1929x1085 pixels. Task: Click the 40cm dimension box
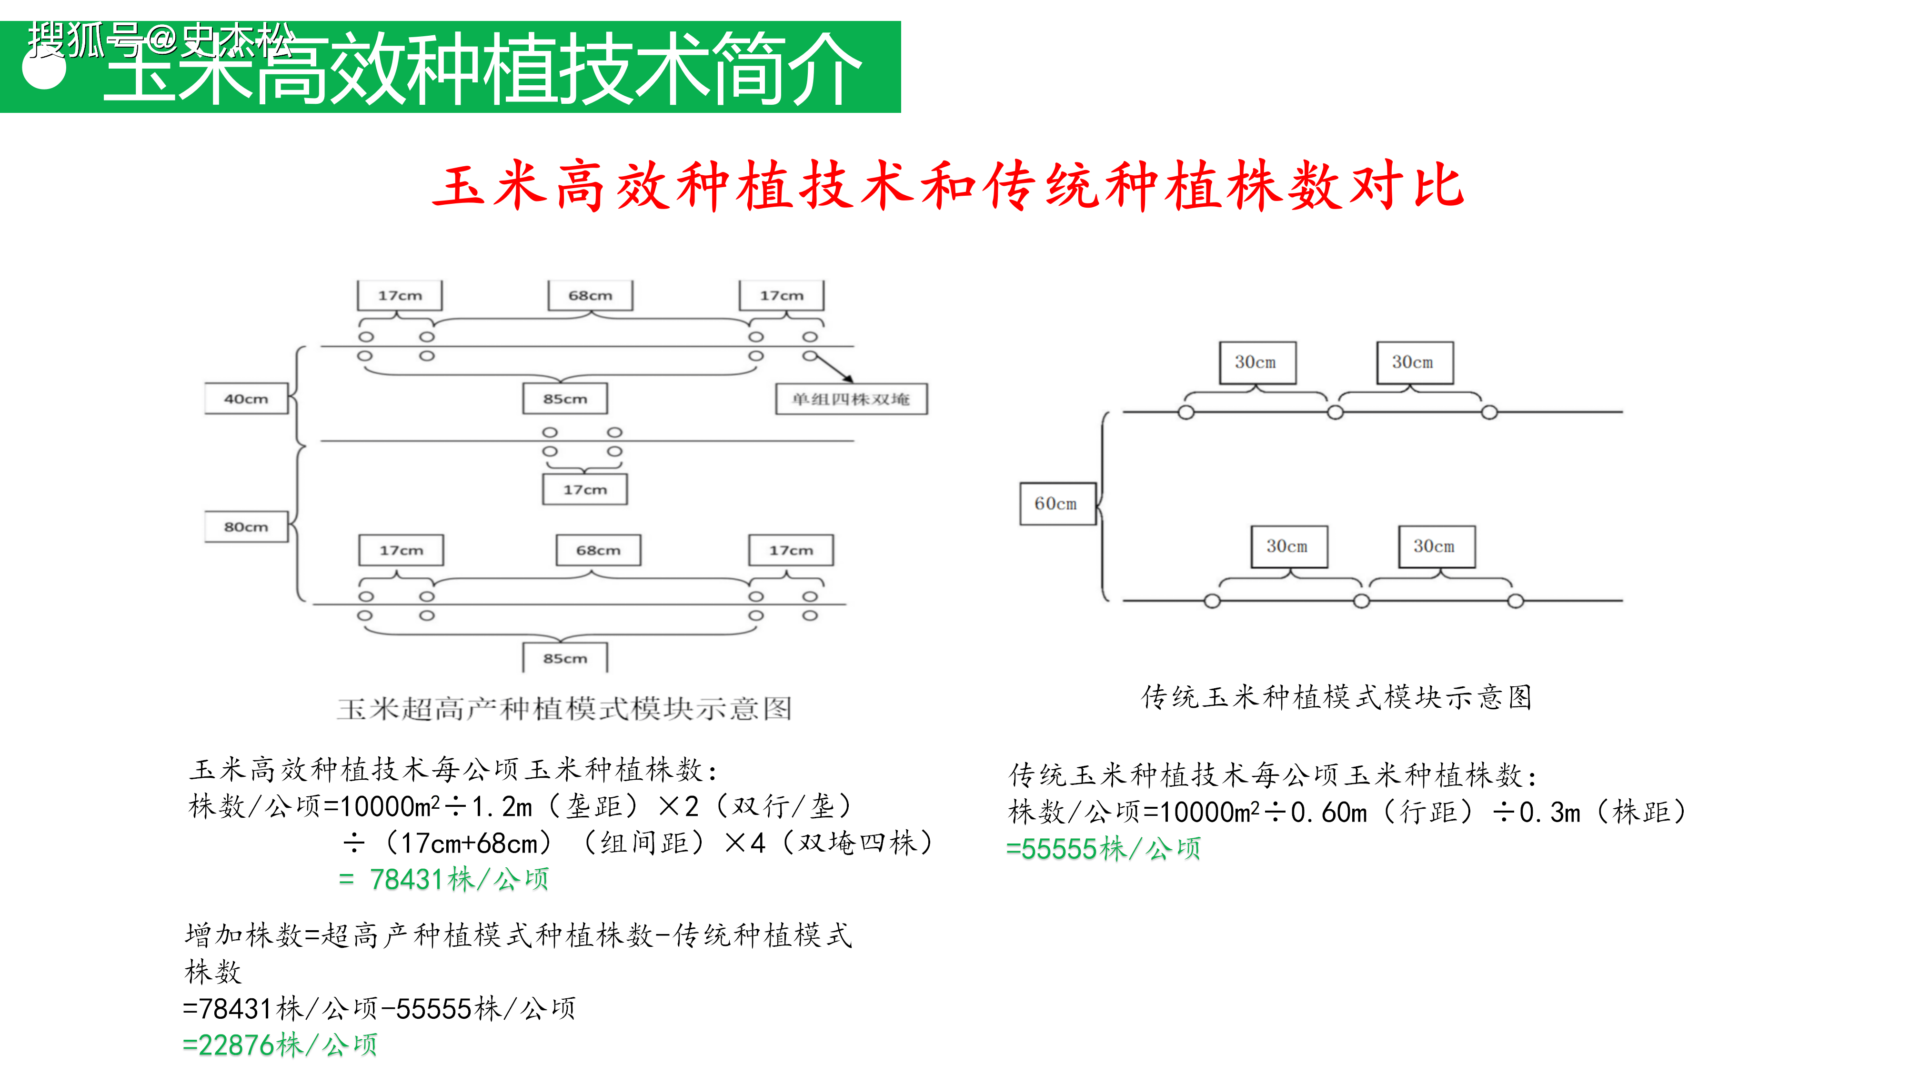(x=246, y=398)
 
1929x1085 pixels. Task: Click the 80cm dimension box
(x=246, y=526)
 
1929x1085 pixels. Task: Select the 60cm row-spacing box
(x=1057, y=503)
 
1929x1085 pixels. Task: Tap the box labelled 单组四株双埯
(x=852, y=398)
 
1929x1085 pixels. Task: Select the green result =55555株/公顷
(x=1103, y=848)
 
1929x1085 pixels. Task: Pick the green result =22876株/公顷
(x=280, y=1045)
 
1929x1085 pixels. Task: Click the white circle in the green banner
(x=45, y=69)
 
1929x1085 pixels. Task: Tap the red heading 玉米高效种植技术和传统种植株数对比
(x=948, y=186)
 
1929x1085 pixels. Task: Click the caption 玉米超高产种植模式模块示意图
(x=564, y=708)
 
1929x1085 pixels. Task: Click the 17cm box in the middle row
(x=585, y=489)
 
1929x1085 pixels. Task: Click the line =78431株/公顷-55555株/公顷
(x=380, y=1008)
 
